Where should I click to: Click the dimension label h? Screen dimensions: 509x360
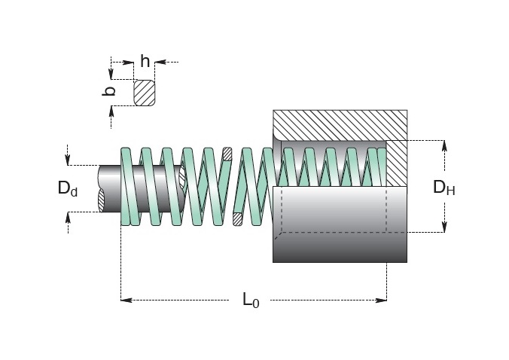[x=145, y=61]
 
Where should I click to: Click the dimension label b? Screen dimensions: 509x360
[x=108, y=91]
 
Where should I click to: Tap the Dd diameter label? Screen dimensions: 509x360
[x=68, y=188]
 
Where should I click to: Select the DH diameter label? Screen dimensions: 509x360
[x=443, y=188]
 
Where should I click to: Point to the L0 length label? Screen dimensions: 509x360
[x=251, y=300]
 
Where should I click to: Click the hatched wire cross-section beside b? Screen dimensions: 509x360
[x=145, y=93]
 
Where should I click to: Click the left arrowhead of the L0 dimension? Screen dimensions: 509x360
[x=126, y=300]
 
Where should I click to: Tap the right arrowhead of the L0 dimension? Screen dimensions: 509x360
[x=381, y=300]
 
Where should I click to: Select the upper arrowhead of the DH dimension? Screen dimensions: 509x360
[x=444, y=146]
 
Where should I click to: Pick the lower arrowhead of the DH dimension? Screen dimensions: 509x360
[x=444, y=227]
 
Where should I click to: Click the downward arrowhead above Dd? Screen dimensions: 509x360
[x=68, y=160]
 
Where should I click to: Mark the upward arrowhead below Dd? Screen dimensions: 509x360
[x=68, y=218]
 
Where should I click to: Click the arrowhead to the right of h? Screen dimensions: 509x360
[x=160, y=62]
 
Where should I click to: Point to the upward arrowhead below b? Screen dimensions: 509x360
[x=111, y=111]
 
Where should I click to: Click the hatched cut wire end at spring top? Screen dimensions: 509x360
[x=227, y=154]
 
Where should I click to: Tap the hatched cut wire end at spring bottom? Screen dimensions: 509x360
[x=238, y=219]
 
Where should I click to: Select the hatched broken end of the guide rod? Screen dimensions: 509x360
[x=102, y=200]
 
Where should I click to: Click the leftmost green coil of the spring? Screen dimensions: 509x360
[x=130, y=187]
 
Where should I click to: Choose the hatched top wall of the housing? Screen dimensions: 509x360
[x=340, y=125]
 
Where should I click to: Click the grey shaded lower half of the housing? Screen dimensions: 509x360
[x=340, y=224]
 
